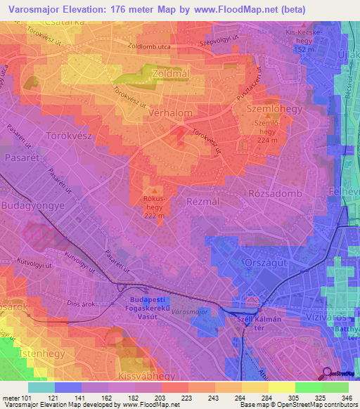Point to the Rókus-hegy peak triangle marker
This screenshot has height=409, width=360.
pos(153,190)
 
